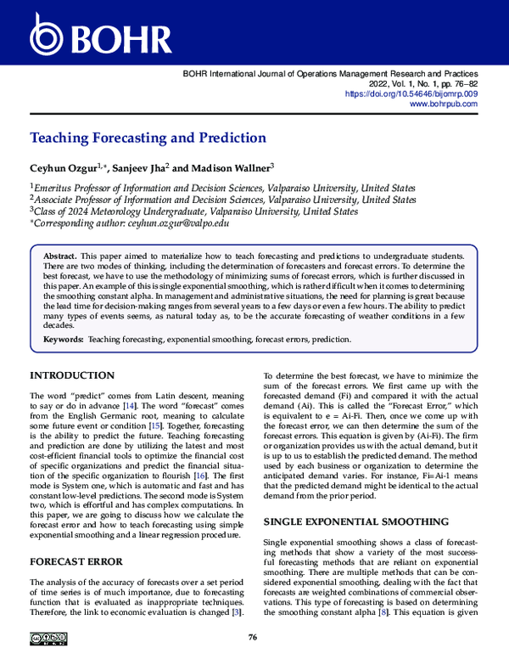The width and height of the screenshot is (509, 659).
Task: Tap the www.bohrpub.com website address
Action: click(x=444, y=104)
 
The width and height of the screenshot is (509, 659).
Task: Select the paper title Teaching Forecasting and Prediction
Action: click(x=148, y=138)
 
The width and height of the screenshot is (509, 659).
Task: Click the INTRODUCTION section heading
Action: click(x=72, y=375)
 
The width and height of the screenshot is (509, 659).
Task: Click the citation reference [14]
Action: click(x=128, y=407)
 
